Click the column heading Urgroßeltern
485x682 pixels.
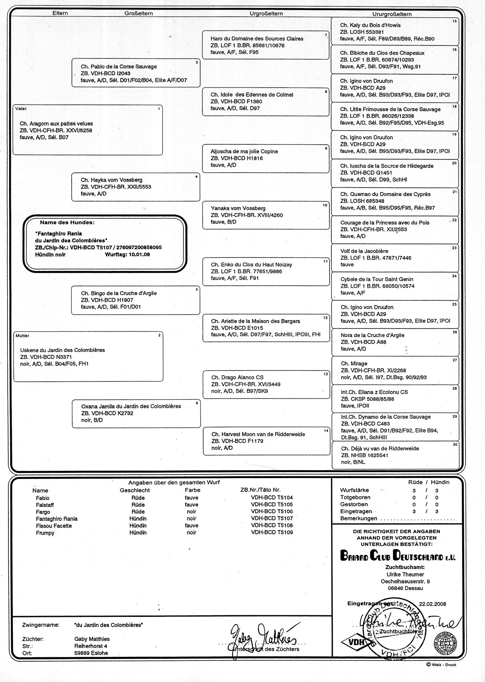(x=266, y=14)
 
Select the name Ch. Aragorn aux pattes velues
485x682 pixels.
(x=56, y=124)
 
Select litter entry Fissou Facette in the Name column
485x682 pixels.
(x=54, y=526)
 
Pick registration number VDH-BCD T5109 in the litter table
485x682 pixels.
(x=272, y=532)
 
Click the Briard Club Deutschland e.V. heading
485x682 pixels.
(x=397, y=556)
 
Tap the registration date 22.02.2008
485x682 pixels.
(x=433, y=604)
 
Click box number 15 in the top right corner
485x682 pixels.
(x=454, y=21)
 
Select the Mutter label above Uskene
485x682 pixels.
(x=23, y=336)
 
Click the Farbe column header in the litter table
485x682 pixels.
(x=192, y=490)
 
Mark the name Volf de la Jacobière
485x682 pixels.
(x=364, y=251)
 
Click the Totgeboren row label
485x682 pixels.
(x=355, y=497)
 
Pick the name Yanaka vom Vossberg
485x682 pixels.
(x=238, y=208)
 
